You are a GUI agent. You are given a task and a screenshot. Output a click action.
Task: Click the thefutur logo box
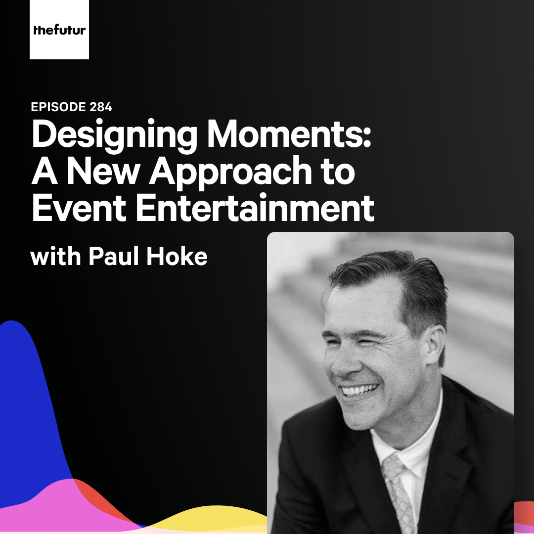(x=59, y=30)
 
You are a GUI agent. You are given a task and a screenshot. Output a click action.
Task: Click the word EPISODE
(x=58, y=107)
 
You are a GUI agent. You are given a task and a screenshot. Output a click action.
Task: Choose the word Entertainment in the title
(x=254, y=208)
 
